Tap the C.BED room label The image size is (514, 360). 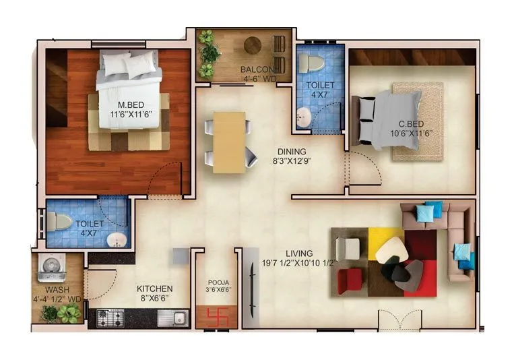click(x=410, y=123)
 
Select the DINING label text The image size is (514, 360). click(x=290, y=152)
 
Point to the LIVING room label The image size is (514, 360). click(x=299, y=253)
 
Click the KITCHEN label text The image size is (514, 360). click(x=155, y=288)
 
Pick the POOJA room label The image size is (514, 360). click(x=217, y=284)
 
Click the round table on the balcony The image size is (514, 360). click(x=253, y=45)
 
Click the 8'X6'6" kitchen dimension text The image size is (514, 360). click(x=155, y=297)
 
